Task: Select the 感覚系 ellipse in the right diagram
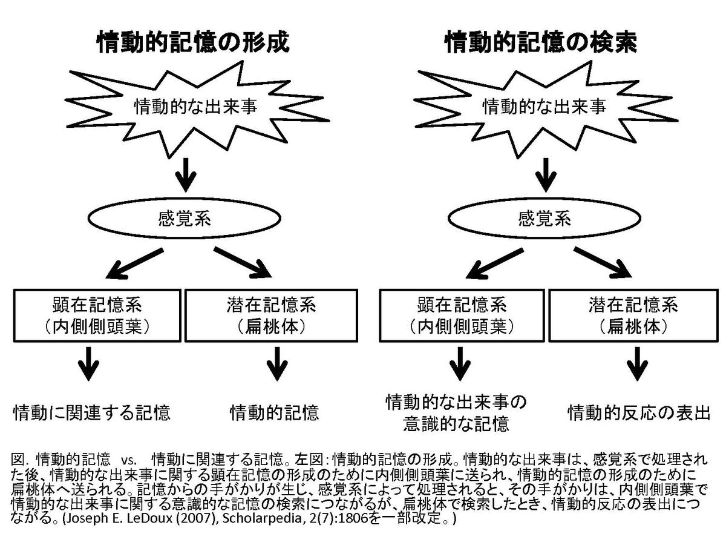pos(544,217)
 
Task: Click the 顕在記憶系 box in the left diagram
pos(97,315)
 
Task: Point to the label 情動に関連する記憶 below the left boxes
pos(92,413)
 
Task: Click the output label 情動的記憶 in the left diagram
pos(274,413)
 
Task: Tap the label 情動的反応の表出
pos(638,413)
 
